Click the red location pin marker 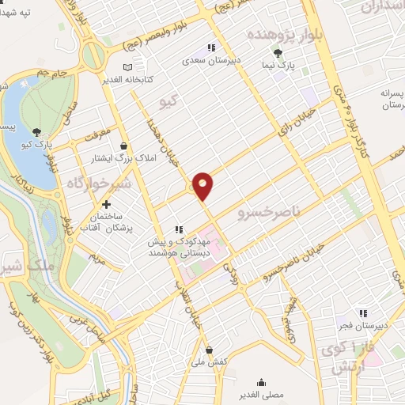203,185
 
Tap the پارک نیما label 278,66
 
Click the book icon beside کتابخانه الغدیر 128,68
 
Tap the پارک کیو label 36,146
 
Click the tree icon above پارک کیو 36,132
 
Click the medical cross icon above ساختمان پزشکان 106,204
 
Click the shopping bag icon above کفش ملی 209,349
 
